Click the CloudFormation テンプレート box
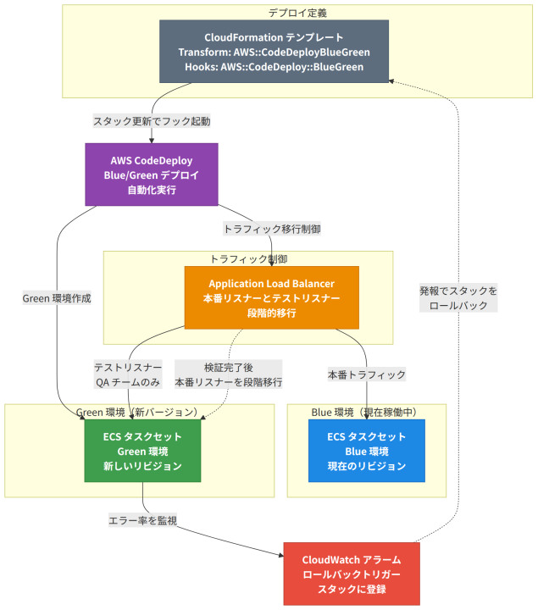pos(274,52)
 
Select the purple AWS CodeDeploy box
pos(152,175)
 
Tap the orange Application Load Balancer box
pos(271,297)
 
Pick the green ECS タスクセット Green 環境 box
pos(142,451)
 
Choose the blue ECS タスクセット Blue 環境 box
pos(367,451)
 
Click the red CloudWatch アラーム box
pos(352,574)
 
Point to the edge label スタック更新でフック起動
pos(152,121)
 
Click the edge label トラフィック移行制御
pos(272,229)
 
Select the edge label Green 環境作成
pos(57,298)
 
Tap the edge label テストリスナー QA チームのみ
pos(128,374)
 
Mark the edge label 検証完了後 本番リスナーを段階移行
pos(229,374)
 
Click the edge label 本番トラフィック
pos(367,374)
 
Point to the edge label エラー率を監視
pos(143,520)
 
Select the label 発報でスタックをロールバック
pos(458,298)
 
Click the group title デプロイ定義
pos(297,13)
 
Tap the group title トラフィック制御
pos(248,259)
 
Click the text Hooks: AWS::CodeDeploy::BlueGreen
pos(274,67)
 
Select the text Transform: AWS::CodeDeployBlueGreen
pos(274,52)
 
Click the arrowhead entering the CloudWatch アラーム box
pos(281,555)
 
